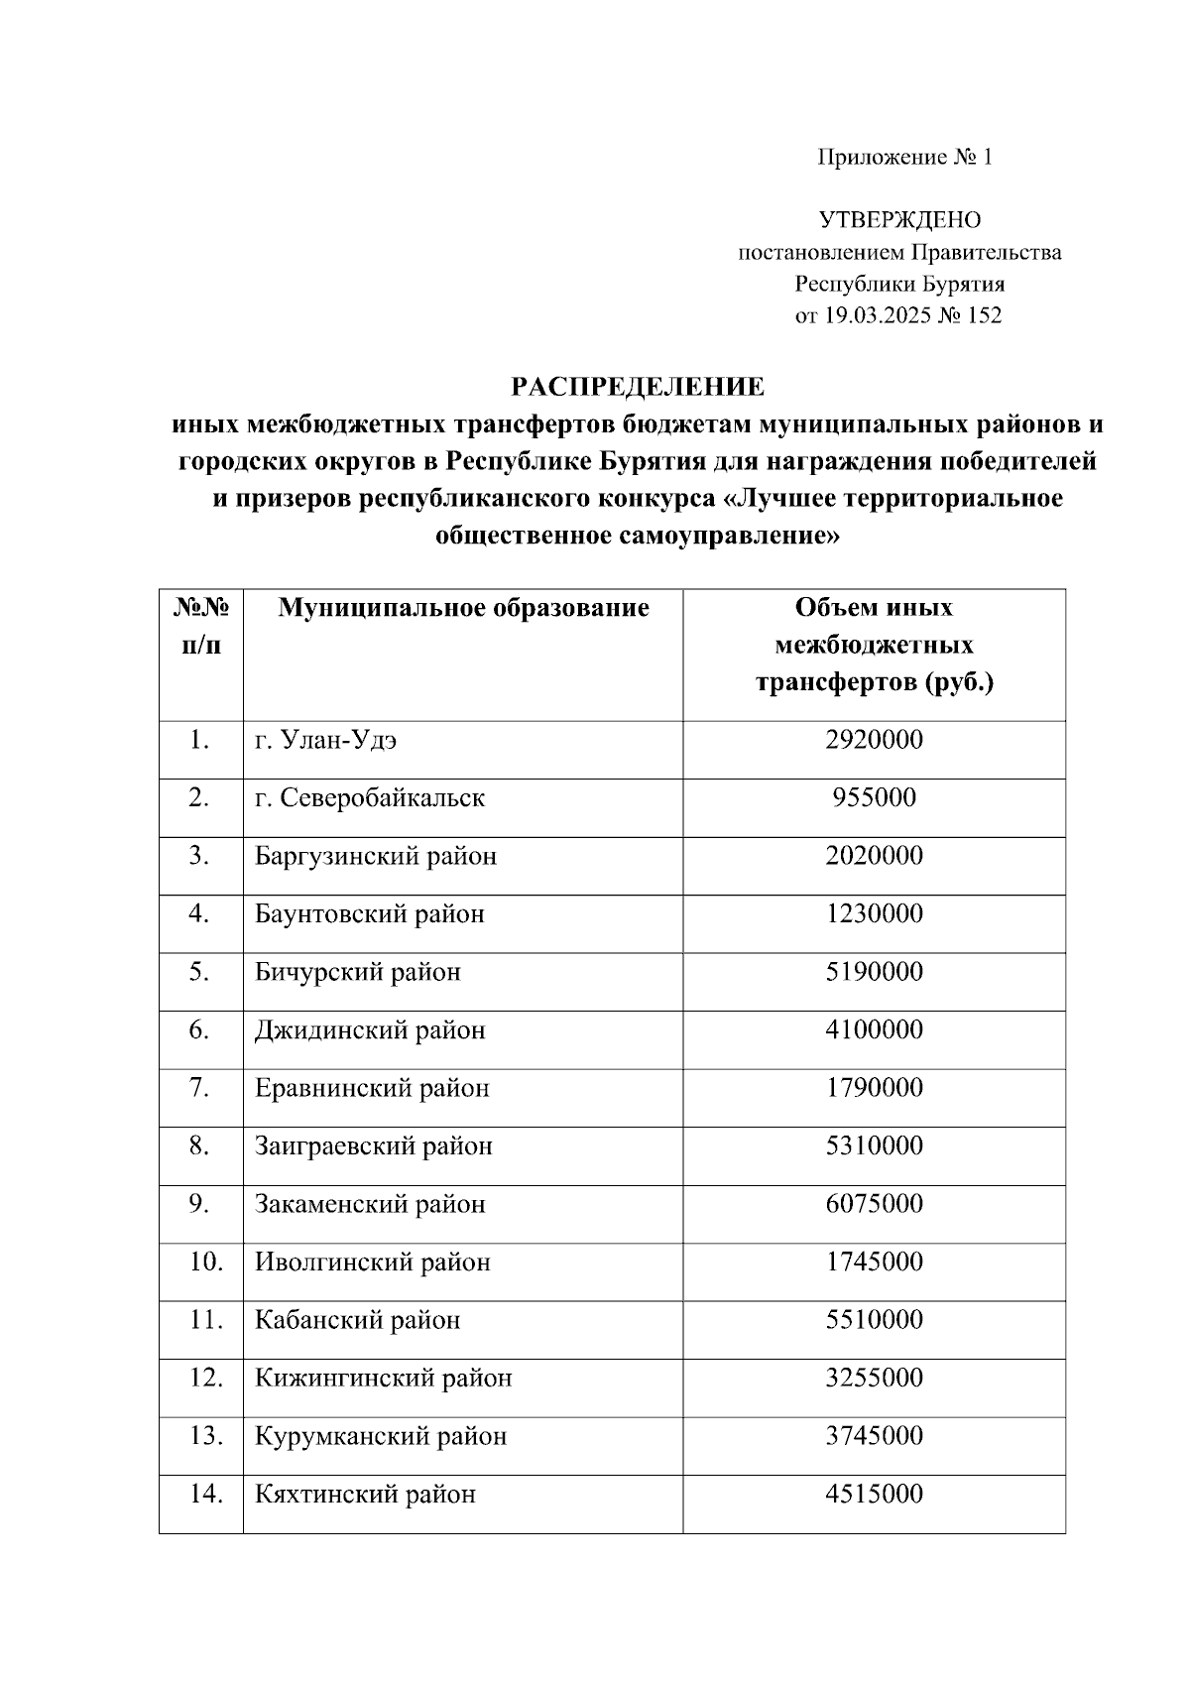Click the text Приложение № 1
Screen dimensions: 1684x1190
click(903, 157)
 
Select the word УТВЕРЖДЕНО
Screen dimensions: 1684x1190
click(899, 220)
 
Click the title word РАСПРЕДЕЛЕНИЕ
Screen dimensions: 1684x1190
click(637, 386)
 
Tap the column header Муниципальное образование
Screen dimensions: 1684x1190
click(463, 607)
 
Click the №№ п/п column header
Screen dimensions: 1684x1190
click(201, 626)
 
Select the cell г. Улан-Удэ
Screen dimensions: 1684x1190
click(326, 740)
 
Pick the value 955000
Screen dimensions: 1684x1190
click(874, 797)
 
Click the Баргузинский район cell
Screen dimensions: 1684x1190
click(376, 855)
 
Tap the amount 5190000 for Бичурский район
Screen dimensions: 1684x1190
click(874, 971)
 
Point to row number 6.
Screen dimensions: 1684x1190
click(199, 1029)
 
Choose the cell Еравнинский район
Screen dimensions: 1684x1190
click(372, 1088)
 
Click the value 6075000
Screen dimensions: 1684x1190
click(874, 1203)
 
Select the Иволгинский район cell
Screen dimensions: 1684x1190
click(373, 1262)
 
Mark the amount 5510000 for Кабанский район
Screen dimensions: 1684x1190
click(874, 1319)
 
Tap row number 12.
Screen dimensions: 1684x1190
click(204, 1378)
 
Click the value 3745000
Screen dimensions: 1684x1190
click(874, 1435)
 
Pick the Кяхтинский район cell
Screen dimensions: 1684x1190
click(365, 1494)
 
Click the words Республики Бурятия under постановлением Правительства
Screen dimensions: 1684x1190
click(899, 284)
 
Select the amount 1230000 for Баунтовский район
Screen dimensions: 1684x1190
click(874, 913)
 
